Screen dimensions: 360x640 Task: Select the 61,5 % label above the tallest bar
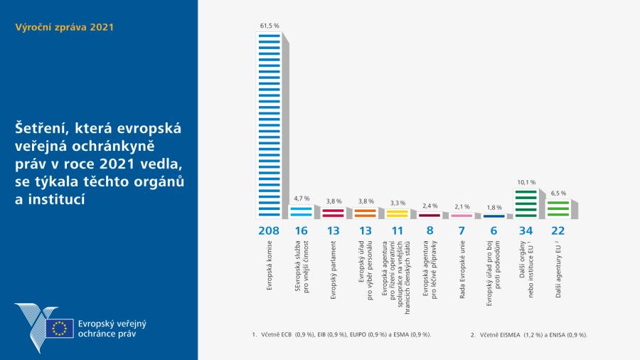(269, 26)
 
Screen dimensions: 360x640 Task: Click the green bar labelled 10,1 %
(526, 203)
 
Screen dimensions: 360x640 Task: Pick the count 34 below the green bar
(526, 231)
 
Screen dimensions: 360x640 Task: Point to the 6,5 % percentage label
(558, 193)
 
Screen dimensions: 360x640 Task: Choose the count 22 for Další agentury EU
(558, 231)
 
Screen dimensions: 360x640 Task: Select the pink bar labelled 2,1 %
(462, 215)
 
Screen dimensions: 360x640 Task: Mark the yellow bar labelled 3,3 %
(397, 213)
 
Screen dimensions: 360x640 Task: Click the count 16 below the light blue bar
(301, 231)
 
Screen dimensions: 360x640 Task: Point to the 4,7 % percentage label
(301, 198)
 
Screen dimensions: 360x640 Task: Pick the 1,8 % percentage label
(494, 208)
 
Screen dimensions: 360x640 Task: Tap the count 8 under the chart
(430, 231)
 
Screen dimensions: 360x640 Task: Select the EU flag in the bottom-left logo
(60, 328)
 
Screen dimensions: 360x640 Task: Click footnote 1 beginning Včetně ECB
(341, 334)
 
